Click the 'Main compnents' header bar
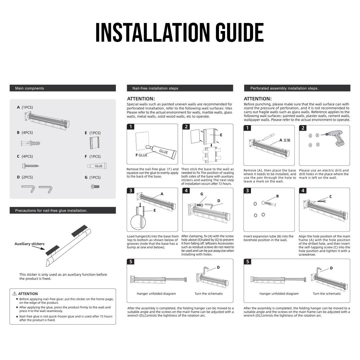(x=63, y=88)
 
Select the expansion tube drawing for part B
(x=30, y=144)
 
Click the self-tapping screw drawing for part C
(x=30, y=165)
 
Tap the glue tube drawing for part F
(x=97, y=166)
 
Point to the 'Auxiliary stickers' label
(x=29, y=244)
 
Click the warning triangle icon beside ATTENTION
(x=15, y=294)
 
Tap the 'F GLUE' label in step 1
(x=141, y=155)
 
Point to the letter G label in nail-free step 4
(x=202, y=194)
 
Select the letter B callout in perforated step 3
(x=277, y=196)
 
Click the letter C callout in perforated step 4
(x=330, y=197)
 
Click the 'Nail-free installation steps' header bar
(x=180, y=88)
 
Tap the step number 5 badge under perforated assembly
(x=248, y=262)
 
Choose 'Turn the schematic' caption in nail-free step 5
(x=209, y=294)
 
